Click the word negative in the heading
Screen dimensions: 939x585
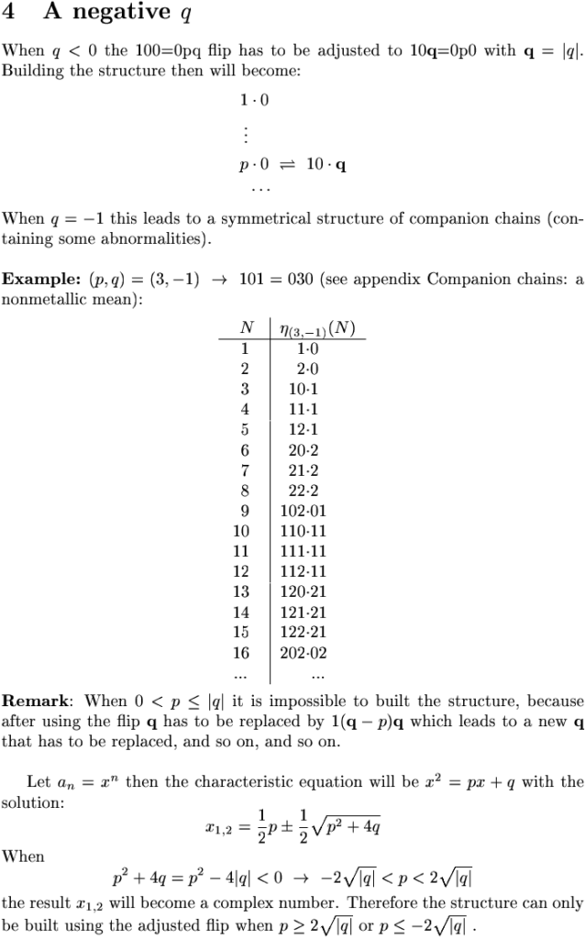(x=108, y=13)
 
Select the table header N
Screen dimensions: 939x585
(x=246, y=328)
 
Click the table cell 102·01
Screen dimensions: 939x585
(x=304, y=512)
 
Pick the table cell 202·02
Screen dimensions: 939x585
(x=304, y=653)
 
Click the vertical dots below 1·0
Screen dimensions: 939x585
(x=245, y=134)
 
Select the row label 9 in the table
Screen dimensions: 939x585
(x=245, y=512)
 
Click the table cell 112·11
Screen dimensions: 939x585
(x=304, y=572)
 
